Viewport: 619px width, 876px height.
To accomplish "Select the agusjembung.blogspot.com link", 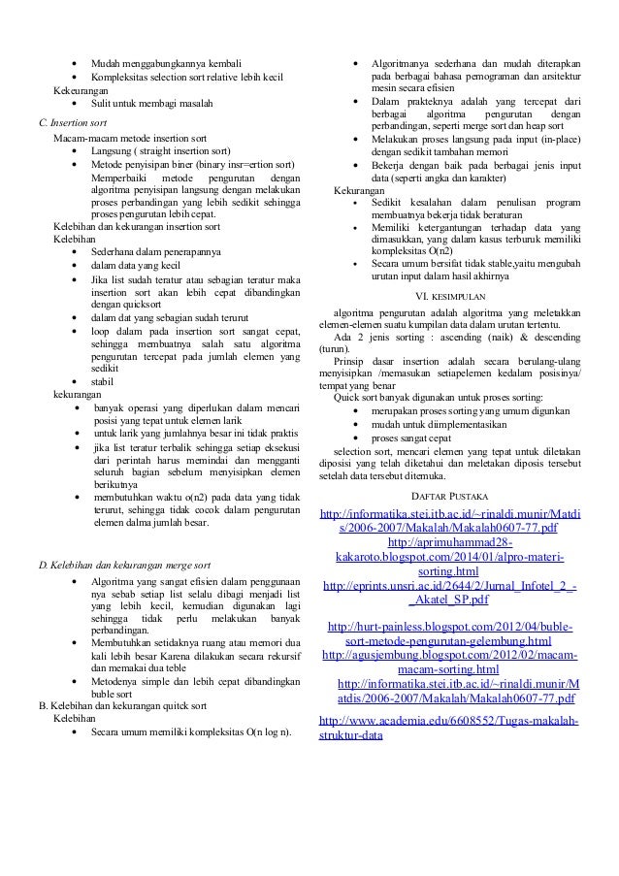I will click(450, 663).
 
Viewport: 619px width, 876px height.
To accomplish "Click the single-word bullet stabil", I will click(103, 381).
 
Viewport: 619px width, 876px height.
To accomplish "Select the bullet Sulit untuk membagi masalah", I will click(151, 103).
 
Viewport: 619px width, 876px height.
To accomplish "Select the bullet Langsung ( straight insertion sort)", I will click(160, 152).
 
